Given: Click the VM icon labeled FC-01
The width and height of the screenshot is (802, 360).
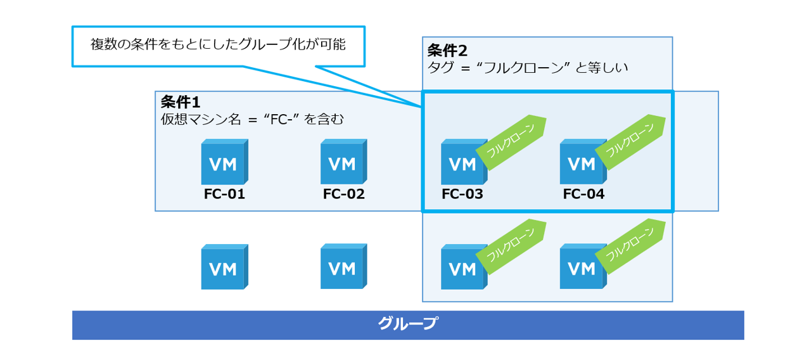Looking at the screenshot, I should [223, 164].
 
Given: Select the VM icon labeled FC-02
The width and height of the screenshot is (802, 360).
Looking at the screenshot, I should [343, 164].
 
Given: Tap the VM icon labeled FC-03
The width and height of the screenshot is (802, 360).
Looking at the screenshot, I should [462, 164].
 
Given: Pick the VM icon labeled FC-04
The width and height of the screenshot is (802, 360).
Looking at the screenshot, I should [582, 164].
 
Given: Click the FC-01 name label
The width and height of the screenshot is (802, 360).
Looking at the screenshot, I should [224, 195].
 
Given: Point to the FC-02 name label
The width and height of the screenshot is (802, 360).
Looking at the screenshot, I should [344, 195].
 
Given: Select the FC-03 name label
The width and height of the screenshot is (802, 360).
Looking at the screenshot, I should [462, 195].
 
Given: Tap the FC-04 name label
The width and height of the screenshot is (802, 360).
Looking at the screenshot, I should [583, 195].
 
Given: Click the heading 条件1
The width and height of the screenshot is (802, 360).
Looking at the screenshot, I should [181, 102].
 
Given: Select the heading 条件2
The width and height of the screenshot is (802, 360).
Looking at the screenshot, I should [447, 51].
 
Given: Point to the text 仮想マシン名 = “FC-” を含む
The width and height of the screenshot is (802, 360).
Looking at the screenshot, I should [252, 119].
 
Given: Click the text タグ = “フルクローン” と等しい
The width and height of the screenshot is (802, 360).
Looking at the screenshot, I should [528, 67].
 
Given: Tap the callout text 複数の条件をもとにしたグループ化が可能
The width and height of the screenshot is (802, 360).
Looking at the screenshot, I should [218, 46].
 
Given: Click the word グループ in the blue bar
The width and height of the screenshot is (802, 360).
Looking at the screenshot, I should [407, 324].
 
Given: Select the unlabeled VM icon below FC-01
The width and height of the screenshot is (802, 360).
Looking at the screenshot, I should [223, 269].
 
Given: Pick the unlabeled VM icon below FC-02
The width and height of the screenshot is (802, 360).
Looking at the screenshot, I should [343, 267].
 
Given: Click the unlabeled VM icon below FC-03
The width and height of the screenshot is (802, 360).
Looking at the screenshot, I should [462, 269].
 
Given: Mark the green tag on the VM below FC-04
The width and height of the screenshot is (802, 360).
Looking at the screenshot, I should [630, 247].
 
